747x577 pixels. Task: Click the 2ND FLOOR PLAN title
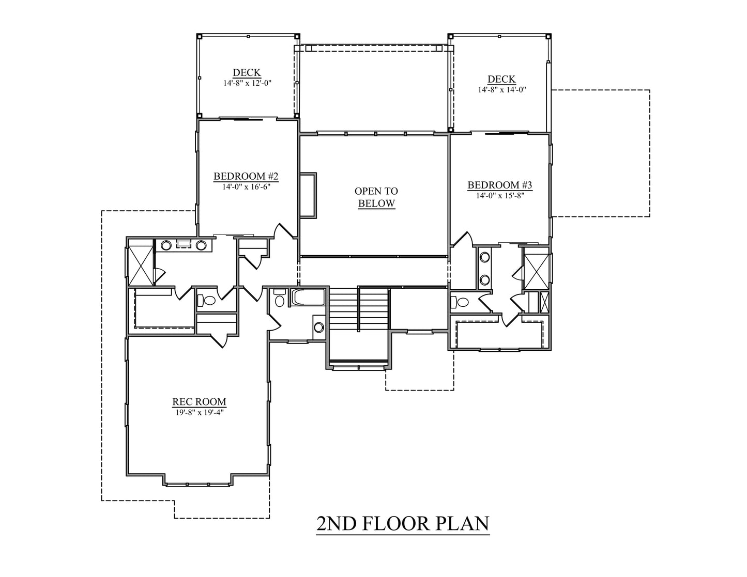pyautogui.click(x=403, y=524)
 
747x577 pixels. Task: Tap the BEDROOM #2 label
pyautogui.click(x=246, y=176)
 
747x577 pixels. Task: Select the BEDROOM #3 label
pyautogui.click(x=500, y=185)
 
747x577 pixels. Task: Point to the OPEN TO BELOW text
pyautogui.click(x=376, y=197)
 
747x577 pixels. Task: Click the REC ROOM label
pyautogui.click(x=200, y=401)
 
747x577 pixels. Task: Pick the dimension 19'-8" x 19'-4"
pyautogui.click(x=200, y=413)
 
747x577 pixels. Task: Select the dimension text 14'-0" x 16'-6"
pyautogui.click(x=246, y=187)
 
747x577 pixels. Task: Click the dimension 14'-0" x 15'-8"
pyautogui.click(x=500, y=196)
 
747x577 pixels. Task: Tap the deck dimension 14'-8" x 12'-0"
pyautogui.click(x=248, y=83)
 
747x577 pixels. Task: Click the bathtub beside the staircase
pyautogui.click(x=308, y=297)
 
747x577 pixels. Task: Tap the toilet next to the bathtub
pyautogui.click(x=280, y=298)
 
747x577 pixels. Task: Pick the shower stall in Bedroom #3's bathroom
pyautogui.click(x=536, y=271)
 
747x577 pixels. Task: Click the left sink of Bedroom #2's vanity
pyautogui.click(x=166, y=245)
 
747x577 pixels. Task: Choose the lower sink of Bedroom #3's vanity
pyautogui.click(x=485, y=279)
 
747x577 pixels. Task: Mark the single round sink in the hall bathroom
pyautogui.click(x=318, y=328)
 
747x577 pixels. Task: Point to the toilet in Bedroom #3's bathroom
pyautogui.click(x=460, y=302)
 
